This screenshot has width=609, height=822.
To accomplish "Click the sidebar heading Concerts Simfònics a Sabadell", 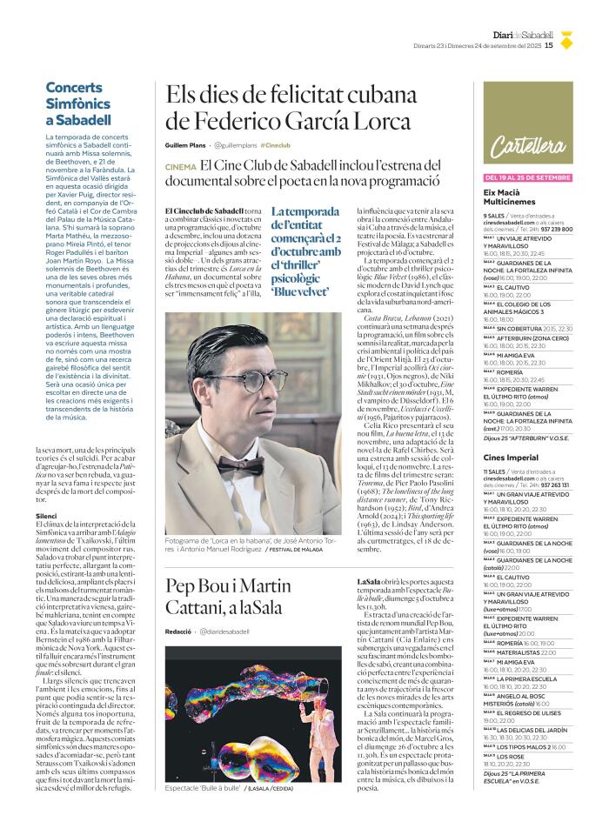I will (x=78, y=104).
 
